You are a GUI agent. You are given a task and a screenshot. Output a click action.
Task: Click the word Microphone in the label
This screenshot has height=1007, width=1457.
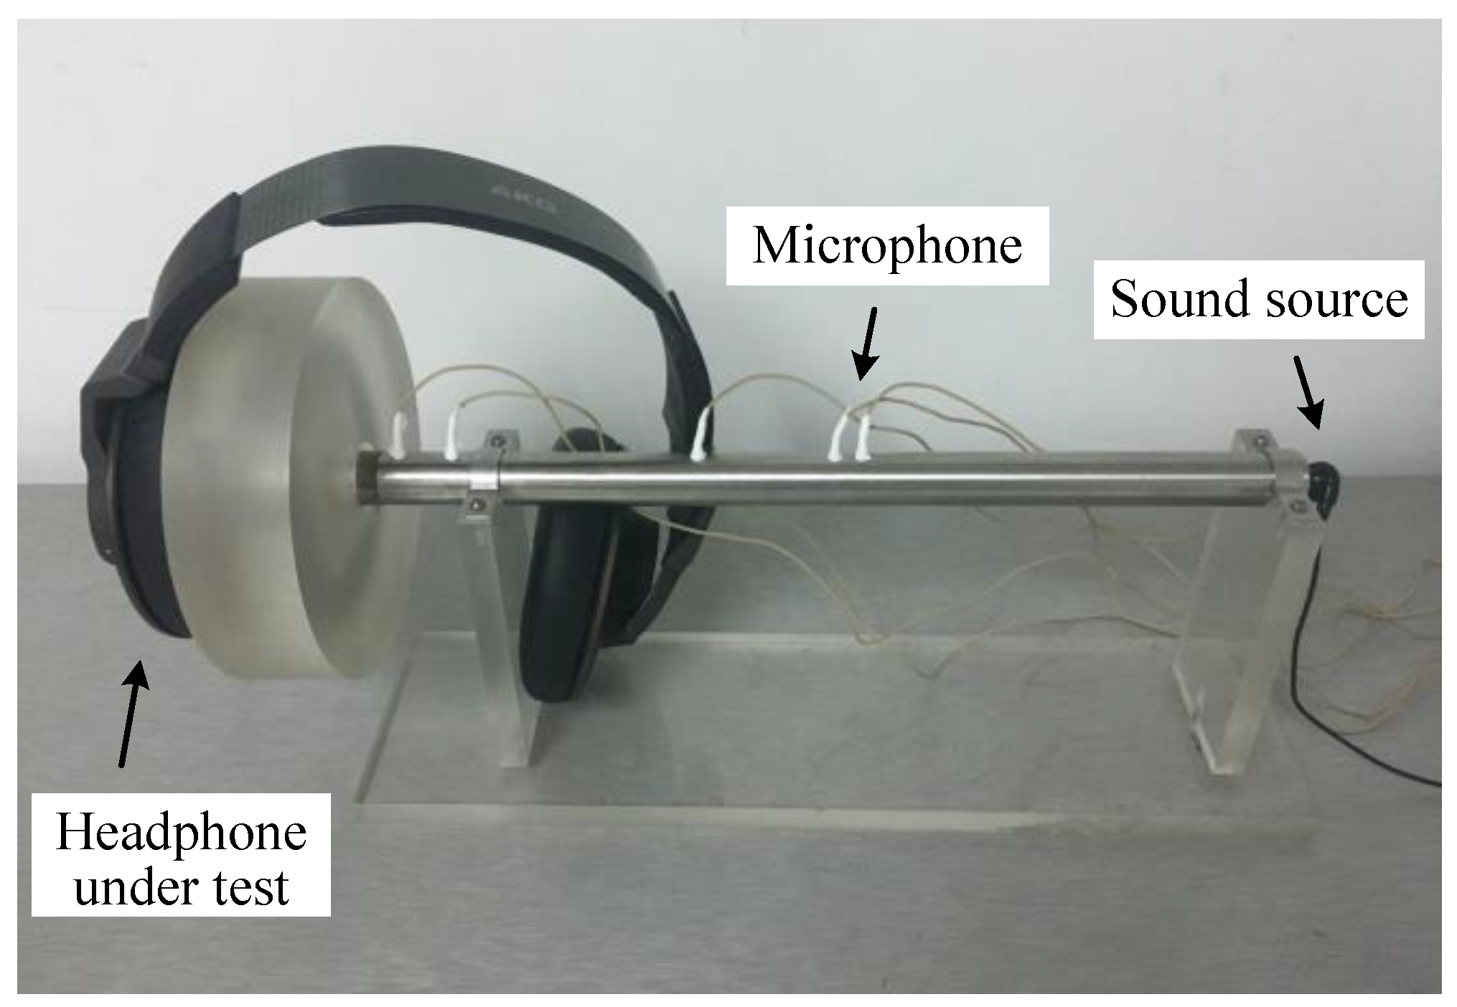(x=887, y=247)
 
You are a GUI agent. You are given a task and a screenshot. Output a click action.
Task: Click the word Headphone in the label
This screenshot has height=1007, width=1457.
(x=181, y=833)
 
